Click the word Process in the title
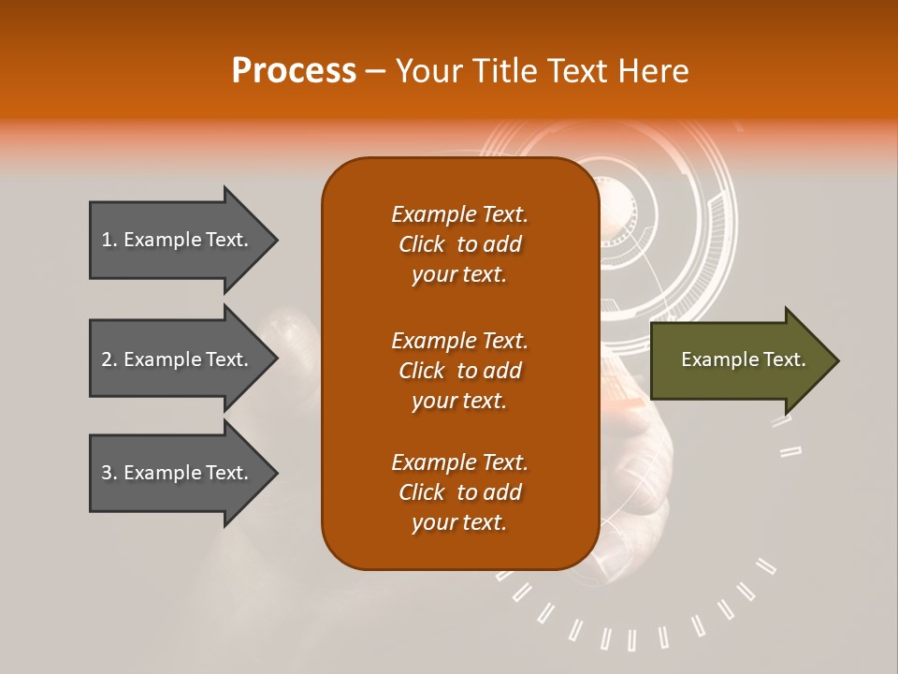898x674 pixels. (294, 71)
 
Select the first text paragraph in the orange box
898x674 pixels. (459, 244)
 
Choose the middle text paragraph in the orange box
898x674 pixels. (459, 371)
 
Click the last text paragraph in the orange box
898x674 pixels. (459, 492)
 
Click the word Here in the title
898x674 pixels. (655, 71)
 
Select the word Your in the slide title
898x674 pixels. (426, 71)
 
